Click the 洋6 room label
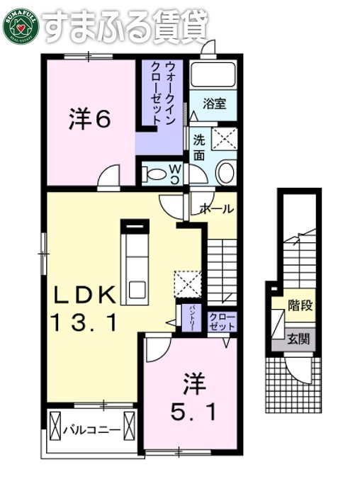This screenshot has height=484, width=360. (x=89, y=119)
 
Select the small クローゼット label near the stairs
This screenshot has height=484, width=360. (x=222, y=321)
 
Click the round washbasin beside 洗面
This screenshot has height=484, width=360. (x=225, y=172)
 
